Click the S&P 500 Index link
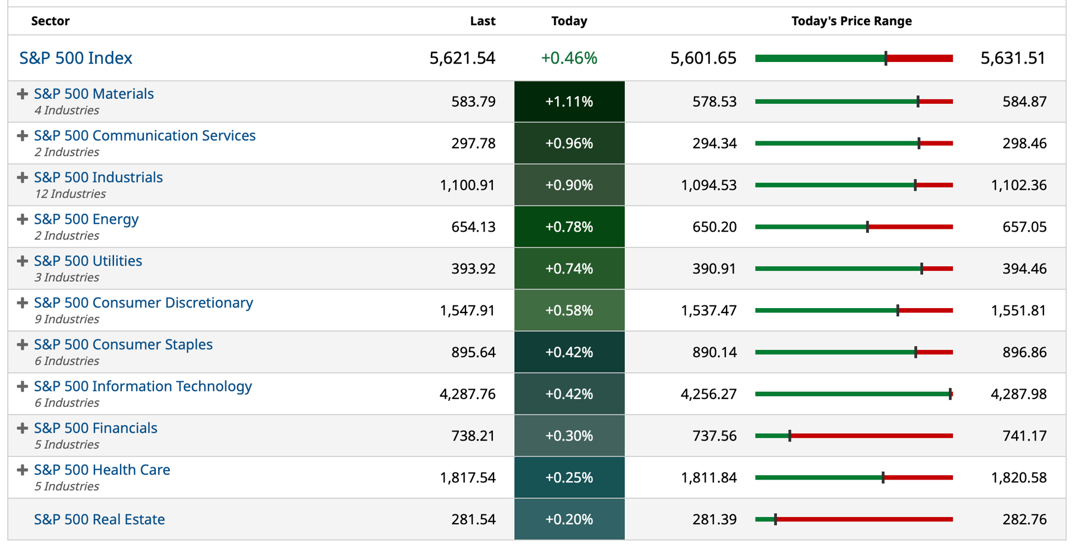(x=76, y=58)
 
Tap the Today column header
(x=569, y=21)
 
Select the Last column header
(x=483, y=21)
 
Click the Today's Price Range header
(x=852, y=21)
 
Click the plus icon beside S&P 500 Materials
(x=22, y=94)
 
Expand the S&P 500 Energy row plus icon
(x=22, y=219)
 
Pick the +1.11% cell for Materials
(x=569, y=102)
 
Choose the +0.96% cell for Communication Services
(x=569, y=143)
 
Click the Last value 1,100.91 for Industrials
(x=467, y=185)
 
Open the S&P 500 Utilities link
(x=88, y=261)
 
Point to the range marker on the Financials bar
(x=790, y=436)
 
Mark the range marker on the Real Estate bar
(x=775, y=520)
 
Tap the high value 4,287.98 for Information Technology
(x=1019, y=394)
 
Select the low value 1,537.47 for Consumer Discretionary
(x=709, y=310)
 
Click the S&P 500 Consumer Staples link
(x=124, y=344)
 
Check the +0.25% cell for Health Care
(x=569, y=478)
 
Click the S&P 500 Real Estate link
(x=99, y=520)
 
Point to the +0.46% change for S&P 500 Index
(x=569, y=58)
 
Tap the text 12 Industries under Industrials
(x=70, y=194)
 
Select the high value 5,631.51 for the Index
(x=1013, y=58)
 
